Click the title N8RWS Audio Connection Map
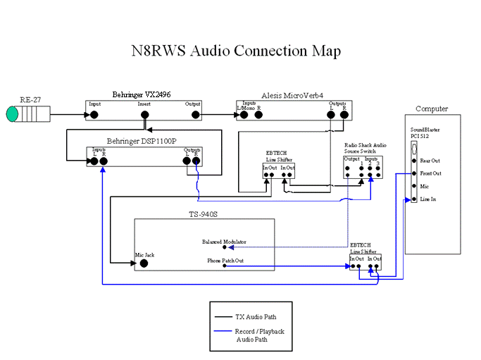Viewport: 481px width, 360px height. click(x=237, y=51)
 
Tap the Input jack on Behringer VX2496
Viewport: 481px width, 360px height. click(x=94, y=113)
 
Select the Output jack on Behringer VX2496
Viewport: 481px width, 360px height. click(x=195, y=113)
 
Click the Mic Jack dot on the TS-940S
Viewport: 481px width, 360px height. click(x=144, y=263)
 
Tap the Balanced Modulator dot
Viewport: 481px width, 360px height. click(x=225, y=247)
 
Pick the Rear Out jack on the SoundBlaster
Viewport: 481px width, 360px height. click(x=413, y=160)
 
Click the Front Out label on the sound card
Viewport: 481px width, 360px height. click(x=430, y=173)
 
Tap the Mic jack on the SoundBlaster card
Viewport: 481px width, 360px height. click(x=413, y=187)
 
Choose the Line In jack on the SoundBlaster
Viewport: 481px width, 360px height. click(x=413, y=200)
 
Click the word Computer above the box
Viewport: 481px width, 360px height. click(x=431, y=109)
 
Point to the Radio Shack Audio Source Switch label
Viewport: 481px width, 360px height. click(x=366, y=147)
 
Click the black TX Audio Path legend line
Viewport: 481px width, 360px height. click(x=225, y=317)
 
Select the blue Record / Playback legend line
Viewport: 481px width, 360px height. click(x=225, y=331)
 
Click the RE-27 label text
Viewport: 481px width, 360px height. click(x=31, y=99)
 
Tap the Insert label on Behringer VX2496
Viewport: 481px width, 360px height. click(x=144, y=104)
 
